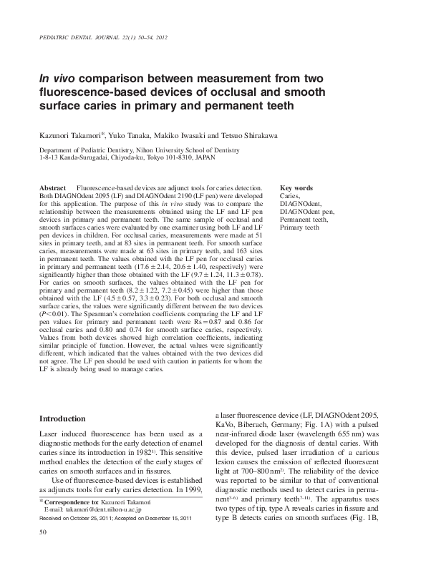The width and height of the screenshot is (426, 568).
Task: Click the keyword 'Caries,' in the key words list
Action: point(290,195)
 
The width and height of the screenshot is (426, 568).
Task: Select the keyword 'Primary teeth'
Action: point(299,227)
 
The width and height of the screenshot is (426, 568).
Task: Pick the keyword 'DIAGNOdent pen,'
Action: point(306,212)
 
